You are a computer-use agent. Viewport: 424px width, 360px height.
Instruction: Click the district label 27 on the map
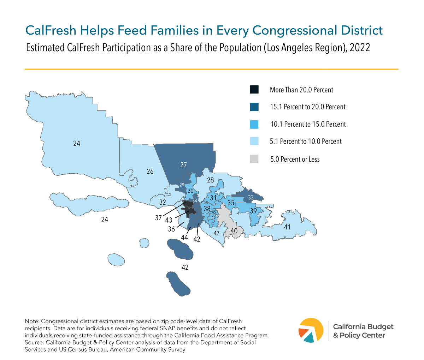pos(183,164)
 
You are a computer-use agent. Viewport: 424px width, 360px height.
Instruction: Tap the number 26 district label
pos(150,171)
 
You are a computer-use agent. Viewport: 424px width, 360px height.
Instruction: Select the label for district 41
pos(287,227)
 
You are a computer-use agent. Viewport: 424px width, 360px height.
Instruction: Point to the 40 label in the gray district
pos(234,231)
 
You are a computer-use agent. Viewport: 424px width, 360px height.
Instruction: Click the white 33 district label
pos(251,197)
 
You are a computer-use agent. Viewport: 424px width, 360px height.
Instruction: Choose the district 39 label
pos(253,211)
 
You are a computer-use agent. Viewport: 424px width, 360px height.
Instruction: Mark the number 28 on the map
pos(210,180)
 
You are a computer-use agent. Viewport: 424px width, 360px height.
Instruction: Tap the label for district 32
pos(163,202)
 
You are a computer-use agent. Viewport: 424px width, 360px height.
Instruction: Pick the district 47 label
pos(217,233)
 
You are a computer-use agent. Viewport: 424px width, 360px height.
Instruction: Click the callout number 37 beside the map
pos(158,218)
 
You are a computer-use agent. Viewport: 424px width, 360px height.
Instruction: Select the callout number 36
pos(171,229)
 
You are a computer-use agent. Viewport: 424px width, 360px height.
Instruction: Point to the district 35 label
pos(231,203)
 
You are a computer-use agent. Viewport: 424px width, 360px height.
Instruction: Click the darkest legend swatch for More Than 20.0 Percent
pos(254,90)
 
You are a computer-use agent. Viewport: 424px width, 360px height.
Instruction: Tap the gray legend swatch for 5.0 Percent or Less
pos(254,159)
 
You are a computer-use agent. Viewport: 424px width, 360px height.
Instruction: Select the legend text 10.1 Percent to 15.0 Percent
pos(308,124)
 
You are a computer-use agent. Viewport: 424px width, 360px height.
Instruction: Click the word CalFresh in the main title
pos(51,30)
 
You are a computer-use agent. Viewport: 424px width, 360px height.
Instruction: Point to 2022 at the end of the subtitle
pos(360,48)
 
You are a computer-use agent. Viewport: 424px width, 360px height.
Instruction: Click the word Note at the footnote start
pos(31,321)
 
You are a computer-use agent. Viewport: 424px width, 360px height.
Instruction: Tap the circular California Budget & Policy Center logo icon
pos(311,330)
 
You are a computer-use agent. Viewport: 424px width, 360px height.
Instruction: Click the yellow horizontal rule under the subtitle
pos(211,69)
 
